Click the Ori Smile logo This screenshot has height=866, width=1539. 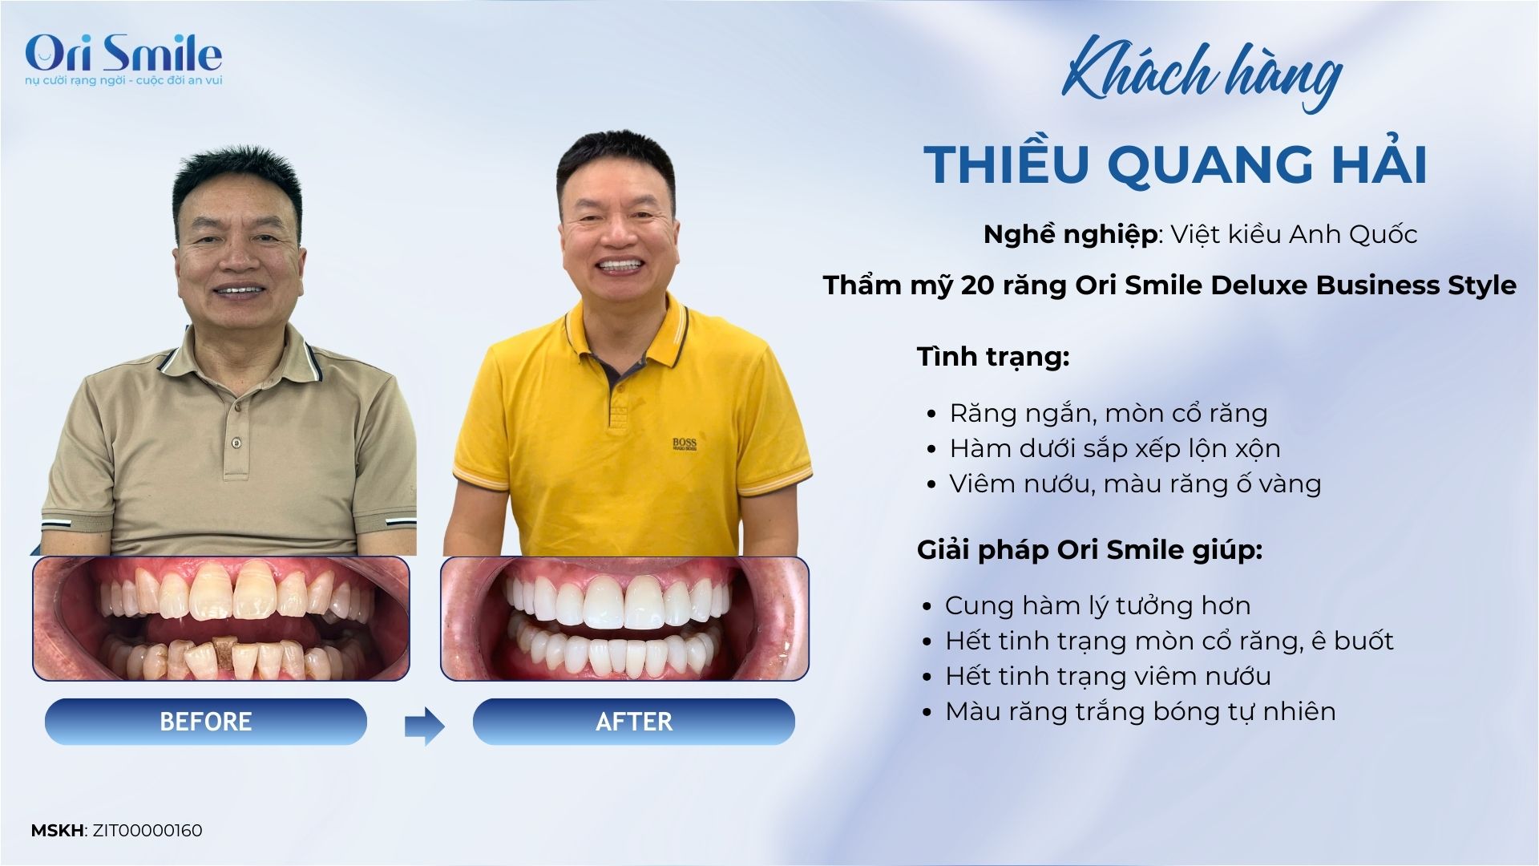pyautogui.click(x=123, y=59)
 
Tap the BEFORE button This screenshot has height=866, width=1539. pyautogui.click(x=206, y=722)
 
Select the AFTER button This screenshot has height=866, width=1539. pyautogui.click(x=634, y=722)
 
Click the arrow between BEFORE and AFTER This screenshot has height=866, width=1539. pyautogui.click(x=424, y=726)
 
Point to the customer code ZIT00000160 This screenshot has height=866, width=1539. pyautogui.click(x=147, y=831)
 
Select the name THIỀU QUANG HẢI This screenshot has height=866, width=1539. pyautogui.click(x=1176, y=164)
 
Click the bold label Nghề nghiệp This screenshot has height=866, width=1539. pyautogui.click(x=1071, y=235)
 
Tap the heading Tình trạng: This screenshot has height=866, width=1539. pyautogui.click(x=993, y=357)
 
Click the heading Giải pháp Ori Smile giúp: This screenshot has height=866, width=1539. pyautogui.click(x=1089, y=551)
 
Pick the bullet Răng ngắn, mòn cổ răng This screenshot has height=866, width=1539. pyautogui.click(x=1109, y=414)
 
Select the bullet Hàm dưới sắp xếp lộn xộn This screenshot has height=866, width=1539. pyautogui.click(x=1115, y=449)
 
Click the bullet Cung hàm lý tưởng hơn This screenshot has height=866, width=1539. pyautogui.click(x=1097, y=606)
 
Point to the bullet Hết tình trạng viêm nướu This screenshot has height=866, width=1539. pyautogui.click(x=1108, y=677)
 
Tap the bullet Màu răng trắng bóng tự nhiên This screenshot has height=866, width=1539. pyautogui.click(x=1140, y=712)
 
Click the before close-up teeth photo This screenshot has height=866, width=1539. pyautogui.click(x=221, y=618)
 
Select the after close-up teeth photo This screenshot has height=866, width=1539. pyautogui.click(x=625, y=618)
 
